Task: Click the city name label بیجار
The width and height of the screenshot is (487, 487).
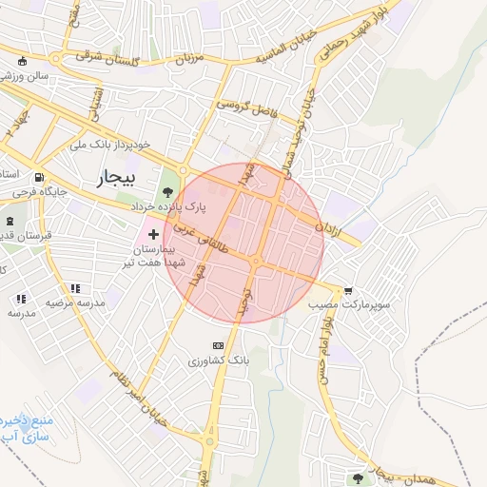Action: [117, 178]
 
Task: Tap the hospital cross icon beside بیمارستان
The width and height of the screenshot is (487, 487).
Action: [153, 233]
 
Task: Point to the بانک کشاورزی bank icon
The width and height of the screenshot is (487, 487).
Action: [218, 346]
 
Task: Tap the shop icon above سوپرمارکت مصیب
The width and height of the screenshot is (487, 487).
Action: [348, 291]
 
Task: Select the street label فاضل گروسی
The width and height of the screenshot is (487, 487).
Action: [245, 107]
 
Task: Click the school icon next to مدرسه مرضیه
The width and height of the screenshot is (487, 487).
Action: [75, 288]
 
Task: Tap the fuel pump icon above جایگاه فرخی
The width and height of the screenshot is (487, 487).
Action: [38, 177]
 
